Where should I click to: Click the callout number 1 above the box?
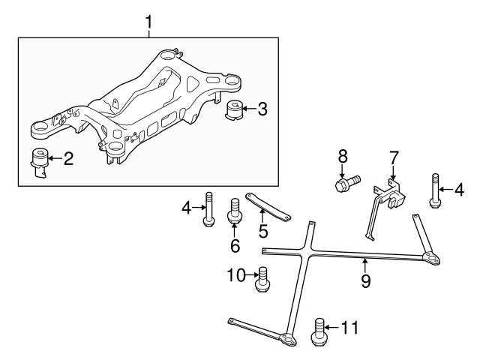tap(148, 22)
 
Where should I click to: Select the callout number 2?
tap(68, 159)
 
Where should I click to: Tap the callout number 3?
tap(262, 109)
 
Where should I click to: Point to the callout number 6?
tap(235, 245)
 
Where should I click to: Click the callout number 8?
tap(343, 157)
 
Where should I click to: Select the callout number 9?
tap(366, 281)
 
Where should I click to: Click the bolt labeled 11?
tap(317, 331)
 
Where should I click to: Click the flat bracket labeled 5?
tap(269, 205)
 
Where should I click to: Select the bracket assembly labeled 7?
tap(385, 201)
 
